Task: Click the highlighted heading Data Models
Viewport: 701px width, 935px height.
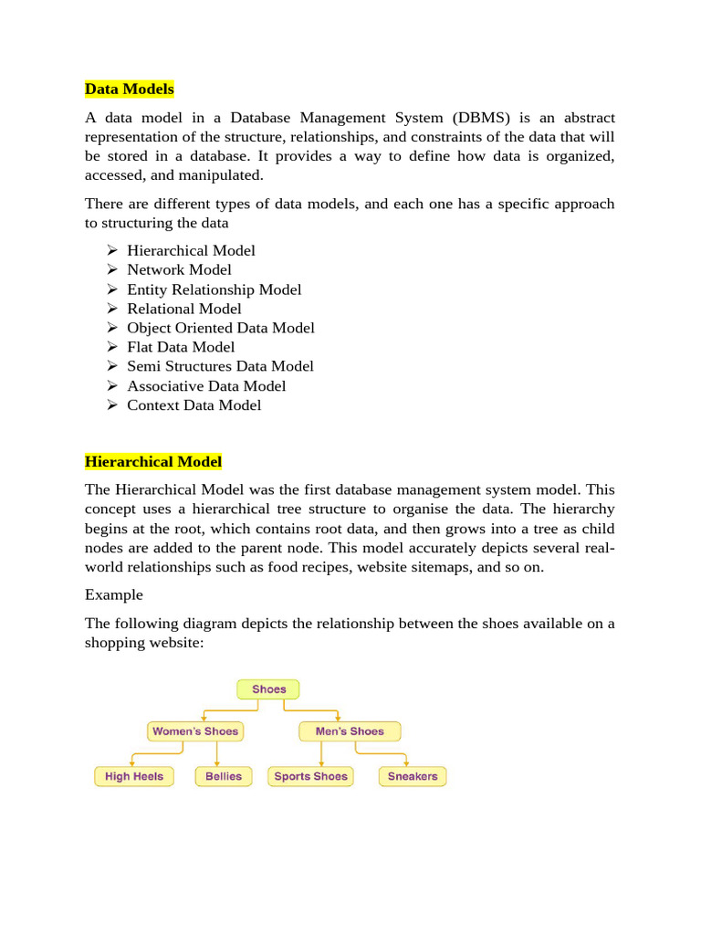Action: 129,89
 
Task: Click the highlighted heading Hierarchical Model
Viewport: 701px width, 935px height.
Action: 152,462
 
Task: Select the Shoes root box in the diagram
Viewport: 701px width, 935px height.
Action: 268,689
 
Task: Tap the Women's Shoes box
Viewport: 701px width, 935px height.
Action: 194,731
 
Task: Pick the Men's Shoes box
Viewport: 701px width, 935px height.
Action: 349,731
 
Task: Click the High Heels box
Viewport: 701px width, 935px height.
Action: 134,776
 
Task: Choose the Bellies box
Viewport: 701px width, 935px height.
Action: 224,776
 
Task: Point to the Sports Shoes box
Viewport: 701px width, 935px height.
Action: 311,776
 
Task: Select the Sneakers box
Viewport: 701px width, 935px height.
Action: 413,776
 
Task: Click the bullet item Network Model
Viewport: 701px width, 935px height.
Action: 179,269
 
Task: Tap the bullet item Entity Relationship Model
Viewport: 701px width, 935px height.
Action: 214,289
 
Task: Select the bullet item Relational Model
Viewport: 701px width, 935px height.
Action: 184,309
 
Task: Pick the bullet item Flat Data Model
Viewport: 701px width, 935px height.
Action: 181,347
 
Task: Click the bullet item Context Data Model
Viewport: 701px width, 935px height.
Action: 194,405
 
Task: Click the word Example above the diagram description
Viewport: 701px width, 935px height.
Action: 114,594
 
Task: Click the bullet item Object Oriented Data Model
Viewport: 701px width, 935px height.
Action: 221,328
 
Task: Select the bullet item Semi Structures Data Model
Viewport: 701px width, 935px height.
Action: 220,366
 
